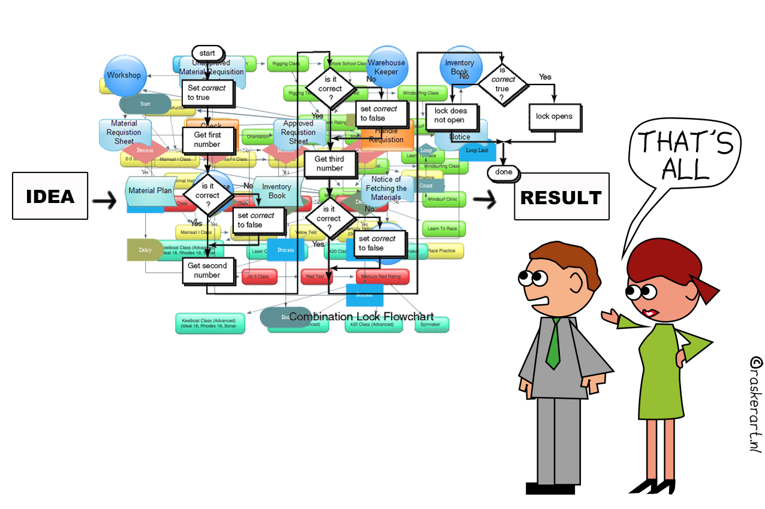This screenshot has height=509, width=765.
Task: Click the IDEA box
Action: point(50,196)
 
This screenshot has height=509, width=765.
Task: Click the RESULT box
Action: point(561,196)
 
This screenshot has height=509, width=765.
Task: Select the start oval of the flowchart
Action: point(207,53)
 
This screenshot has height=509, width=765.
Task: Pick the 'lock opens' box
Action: point(554,116)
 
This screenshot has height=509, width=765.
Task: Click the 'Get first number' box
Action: point(207,140)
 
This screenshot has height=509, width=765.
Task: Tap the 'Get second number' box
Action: point(207,270)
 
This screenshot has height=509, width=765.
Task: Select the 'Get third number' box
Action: point(329,163)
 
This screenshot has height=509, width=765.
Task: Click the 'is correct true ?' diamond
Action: point(503,84)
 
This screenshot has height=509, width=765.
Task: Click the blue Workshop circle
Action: point(124,75)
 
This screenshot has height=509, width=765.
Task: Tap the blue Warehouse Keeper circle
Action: point(387,67)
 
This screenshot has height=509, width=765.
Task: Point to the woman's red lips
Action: point(649,313)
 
